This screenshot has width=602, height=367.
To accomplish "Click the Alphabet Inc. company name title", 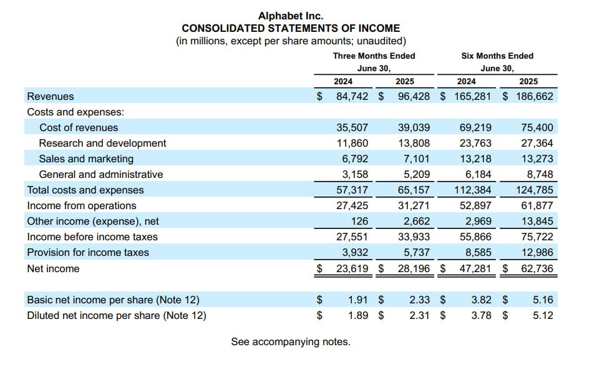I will tap(291, 16).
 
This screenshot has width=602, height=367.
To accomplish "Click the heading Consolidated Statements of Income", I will tap(291, 28).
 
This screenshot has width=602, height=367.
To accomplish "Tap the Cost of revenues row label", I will tap(79, 127).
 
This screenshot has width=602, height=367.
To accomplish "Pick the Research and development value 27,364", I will tap(536, 143).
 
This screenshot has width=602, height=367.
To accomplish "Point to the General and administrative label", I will tap(100, 174).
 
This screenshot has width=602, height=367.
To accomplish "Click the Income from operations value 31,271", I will tap(414, 205).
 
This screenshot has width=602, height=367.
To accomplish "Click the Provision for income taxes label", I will tap(88, 252).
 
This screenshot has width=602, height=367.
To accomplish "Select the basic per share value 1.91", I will tap(358, 300).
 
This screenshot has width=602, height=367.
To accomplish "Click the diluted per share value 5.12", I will tap(543, 315).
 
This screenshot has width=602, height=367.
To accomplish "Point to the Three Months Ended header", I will tap(374, 56).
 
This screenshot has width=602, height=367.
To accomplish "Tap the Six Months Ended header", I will tap(497, 56).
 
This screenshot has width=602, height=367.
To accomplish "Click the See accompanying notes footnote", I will tap(291, 341).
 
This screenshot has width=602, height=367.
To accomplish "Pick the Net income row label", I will tap(53, 268).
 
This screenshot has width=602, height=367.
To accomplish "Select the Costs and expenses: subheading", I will tap(75, 112).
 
